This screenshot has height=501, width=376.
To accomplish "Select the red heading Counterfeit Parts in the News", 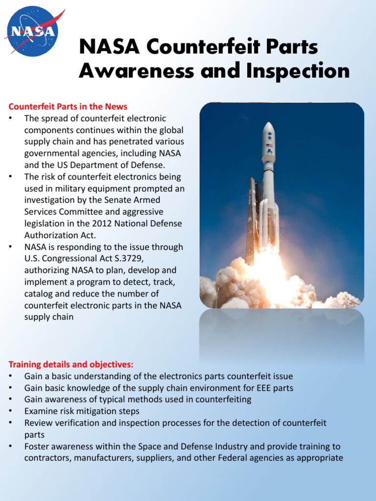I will (x=68, y=107).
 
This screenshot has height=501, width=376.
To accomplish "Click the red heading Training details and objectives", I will (x=71, y=364).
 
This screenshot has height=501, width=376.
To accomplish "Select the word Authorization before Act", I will (x=48, y=235).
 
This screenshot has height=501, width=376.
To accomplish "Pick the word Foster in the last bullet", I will (x=36, y=446).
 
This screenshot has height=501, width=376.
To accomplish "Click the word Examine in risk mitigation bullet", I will (x=41, y=411).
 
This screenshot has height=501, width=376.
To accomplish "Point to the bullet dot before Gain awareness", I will (x=11, y=399).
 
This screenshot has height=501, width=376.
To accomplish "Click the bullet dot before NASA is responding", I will (x=11, y=247).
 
